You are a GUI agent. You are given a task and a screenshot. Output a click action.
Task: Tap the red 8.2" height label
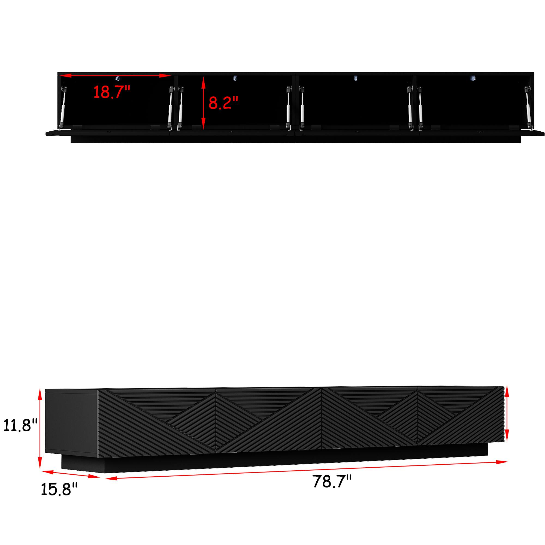(x=223, y=103)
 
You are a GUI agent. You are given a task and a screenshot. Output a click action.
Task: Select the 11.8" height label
(x=20, y=425)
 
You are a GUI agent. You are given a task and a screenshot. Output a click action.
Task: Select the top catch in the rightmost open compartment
(x=472, y=79)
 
